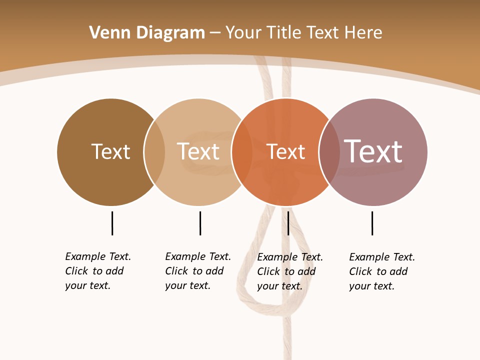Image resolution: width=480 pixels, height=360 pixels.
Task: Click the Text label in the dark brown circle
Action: [110, 151]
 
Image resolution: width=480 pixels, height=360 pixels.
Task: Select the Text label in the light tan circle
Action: [198, 151]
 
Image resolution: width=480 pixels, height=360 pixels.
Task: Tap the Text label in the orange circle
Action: [285, 151]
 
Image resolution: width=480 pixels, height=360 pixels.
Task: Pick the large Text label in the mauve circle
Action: [373, 151]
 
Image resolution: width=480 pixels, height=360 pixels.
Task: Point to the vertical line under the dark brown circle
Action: [112, 223]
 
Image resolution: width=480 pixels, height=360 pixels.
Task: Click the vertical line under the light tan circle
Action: [200, 223]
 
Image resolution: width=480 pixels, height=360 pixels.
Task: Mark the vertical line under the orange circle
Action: [288, 223]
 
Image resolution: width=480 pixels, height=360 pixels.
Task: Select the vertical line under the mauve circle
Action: [372, 223]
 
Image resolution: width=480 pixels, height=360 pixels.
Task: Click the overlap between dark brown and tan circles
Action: [154, 151]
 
